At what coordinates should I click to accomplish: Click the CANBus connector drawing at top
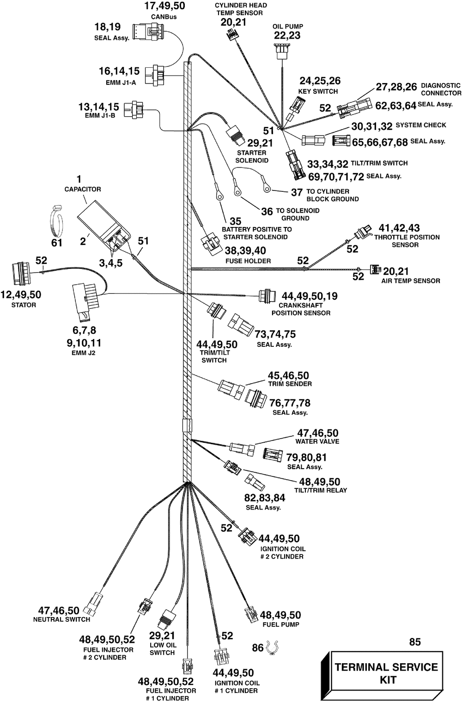(x=149, y=31)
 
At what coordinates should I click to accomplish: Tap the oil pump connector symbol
(x=282, y=51)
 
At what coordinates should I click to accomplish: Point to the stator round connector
(x=21, y=274)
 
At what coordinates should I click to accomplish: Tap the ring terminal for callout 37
(x=267, y=187)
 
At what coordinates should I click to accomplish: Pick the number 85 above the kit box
(x=414, y=642)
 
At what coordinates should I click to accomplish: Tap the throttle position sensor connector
(x=363, y=232)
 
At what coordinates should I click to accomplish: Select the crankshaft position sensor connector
(x=267, y=296)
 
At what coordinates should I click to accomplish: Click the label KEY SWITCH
(x=318, y=91)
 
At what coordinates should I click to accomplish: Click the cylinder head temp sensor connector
(x=231, y=34)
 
